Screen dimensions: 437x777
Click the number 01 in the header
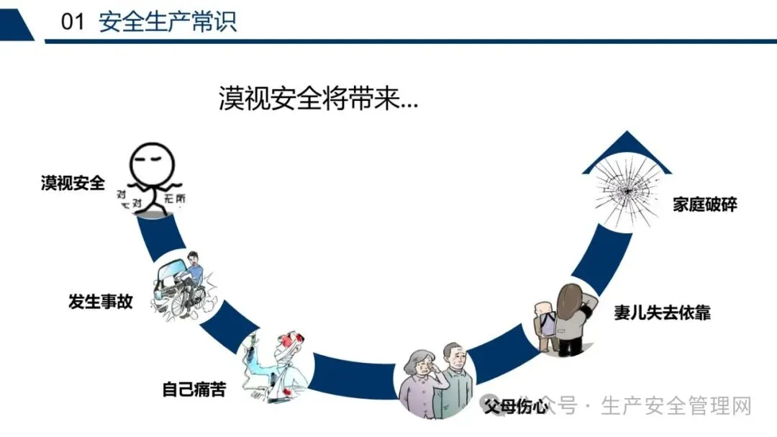[x=73, y=22]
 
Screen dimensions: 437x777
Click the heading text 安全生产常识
[x=168, y=22]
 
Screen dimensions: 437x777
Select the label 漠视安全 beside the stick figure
[x=73, y=183]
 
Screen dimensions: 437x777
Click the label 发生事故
[x=101, y=301]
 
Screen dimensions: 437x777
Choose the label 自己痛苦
[x=194, y=389]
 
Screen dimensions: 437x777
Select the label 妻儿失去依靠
[x=662, y=312]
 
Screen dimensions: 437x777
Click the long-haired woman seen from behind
[x=571, y=317]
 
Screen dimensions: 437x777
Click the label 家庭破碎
[x=705, y=204]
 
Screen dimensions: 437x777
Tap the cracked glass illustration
[x=624, y=189]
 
